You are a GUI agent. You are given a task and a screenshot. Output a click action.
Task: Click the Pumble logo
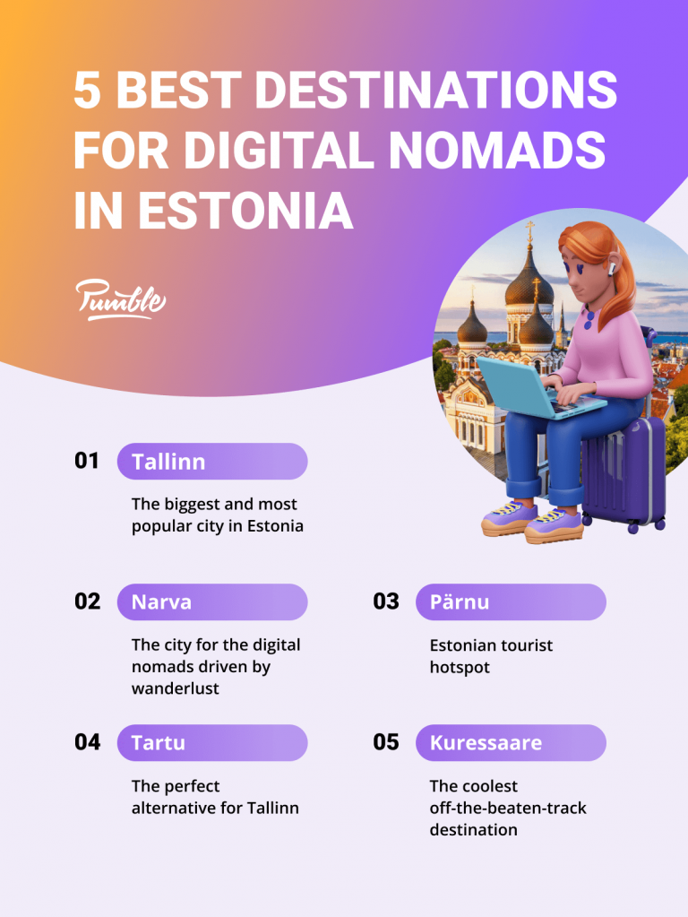[120, 299]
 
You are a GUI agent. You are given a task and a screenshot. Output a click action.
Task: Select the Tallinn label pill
[212, 462]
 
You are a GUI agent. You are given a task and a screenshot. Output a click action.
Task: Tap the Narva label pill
[212, 601]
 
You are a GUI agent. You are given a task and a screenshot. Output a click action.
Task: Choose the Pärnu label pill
[511, 601]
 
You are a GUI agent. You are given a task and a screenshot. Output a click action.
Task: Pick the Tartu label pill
[212, 742]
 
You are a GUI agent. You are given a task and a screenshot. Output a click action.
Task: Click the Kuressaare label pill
[511, 742]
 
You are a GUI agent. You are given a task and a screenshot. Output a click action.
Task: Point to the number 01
[87, 461]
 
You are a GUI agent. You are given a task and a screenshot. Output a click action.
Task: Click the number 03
[386, 601]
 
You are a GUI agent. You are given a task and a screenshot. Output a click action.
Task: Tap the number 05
[386, 741]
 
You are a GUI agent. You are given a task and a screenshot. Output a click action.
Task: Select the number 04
[87, 741]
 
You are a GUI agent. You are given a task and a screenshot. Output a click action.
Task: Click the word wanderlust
[175, 688]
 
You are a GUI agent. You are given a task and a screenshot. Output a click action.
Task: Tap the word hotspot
[459, 667]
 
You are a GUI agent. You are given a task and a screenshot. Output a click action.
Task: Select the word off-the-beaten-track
[508, 808]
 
